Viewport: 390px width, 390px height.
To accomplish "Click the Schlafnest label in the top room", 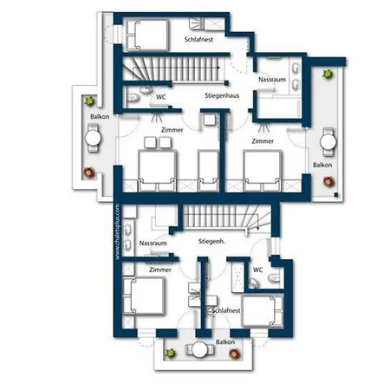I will tap(198, 41).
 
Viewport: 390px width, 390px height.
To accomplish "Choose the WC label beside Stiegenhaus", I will tap(160, 97).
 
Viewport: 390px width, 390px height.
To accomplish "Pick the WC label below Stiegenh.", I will tap(257, 270).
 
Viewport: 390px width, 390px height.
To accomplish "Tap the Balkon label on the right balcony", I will tap(322, 164).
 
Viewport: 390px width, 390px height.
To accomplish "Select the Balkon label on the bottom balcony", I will tap(225, 343).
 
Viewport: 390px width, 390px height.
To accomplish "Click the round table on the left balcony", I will tap(94, 136).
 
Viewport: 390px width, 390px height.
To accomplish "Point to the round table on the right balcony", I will tap(328, 139).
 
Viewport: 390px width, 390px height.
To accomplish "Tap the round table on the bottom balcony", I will tap(201, 352).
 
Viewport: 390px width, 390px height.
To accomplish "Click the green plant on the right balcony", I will tap(327, 75).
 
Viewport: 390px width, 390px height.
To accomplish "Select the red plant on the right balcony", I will tap(328, 181).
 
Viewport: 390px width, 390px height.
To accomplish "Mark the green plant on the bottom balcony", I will tap(171, 352).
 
